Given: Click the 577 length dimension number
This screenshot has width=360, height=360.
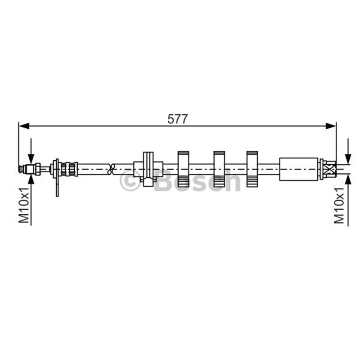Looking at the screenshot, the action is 177,119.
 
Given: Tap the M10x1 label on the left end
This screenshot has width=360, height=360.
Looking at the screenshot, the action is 24,205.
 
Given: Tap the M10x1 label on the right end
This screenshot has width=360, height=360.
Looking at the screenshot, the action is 339,205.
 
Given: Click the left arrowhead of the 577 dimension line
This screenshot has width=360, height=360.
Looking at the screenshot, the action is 24,126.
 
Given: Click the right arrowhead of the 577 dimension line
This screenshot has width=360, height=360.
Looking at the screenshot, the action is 331,126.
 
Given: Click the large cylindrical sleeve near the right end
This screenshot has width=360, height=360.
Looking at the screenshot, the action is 299,169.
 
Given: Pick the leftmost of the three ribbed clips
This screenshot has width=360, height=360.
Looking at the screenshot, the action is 183,169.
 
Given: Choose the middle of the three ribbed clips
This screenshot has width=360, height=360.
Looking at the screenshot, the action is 219,169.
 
